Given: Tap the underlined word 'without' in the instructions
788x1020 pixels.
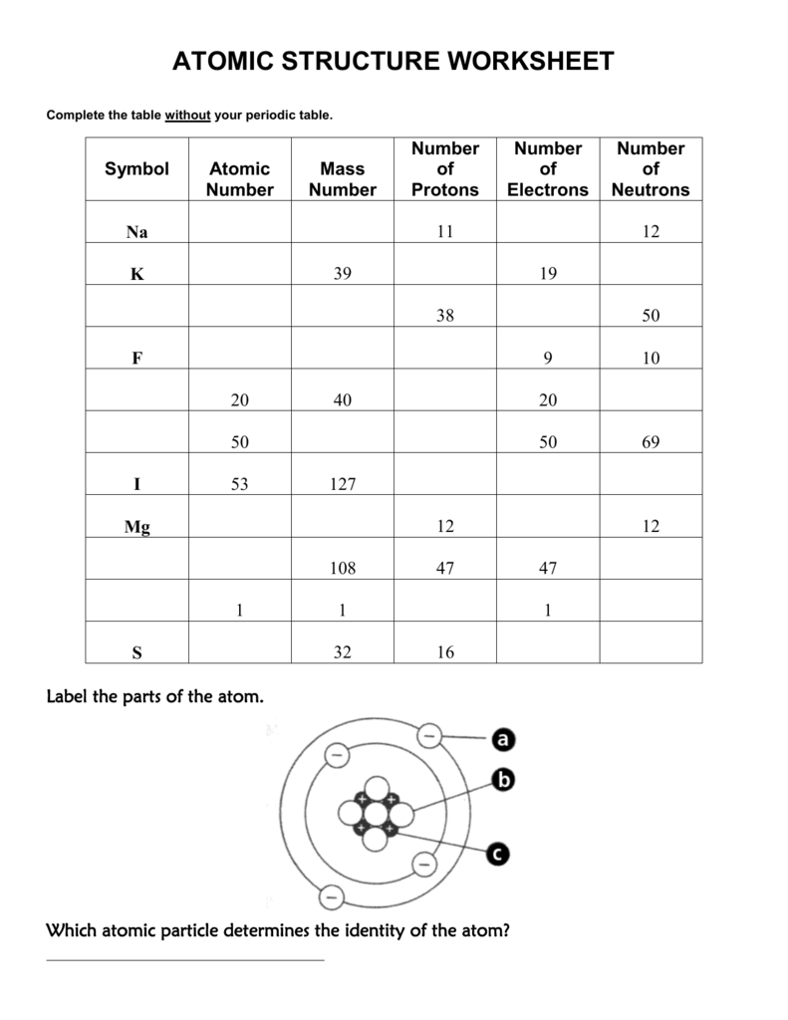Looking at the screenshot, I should click(187, 116).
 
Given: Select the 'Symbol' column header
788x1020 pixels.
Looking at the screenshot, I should click(136, 169).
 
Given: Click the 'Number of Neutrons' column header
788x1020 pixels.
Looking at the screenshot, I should click(651, 169).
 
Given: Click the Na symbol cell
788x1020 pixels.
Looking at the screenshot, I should click(136, 232).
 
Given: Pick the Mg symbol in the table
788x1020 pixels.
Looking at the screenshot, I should click(136, 527).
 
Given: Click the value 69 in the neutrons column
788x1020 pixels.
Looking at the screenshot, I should click(651, 442).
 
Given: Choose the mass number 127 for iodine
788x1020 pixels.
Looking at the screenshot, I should click(342, 485).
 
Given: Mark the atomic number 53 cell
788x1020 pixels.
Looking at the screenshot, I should click(239, 485).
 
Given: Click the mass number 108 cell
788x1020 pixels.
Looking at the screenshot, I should click(342, 569).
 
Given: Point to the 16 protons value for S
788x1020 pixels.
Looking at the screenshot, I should click(444, 653).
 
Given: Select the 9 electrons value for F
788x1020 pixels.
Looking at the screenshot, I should click(548, 359).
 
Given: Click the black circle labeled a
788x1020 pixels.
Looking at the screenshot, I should click(502, 739).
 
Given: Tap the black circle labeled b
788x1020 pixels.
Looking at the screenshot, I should click(503, 781).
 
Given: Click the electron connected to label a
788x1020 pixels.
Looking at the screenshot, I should click(429, 735).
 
